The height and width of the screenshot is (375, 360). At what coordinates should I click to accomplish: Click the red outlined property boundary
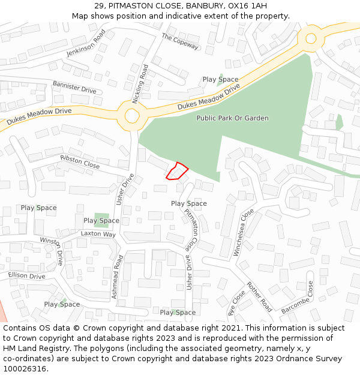tap(176, 171)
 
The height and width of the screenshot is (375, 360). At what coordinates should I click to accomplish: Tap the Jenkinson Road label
tap(86, 43)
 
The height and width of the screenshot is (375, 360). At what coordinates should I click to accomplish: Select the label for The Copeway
tap(180, 41)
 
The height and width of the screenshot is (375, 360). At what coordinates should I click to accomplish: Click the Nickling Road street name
tap(140, 84)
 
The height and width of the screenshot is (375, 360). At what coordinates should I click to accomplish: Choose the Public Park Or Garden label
tap(232, 118)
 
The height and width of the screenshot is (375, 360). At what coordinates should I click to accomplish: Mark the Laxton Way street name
tap(98, 234)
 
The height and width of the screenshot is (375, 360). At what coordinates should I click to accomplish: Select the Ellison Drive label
tap(26, 276)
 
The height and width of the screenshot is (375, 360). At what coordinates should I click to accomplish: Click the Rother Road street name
tap(259, 296)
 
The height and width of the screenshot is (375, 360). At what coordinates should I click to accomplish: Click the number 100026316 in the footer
tap(24, 369)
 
